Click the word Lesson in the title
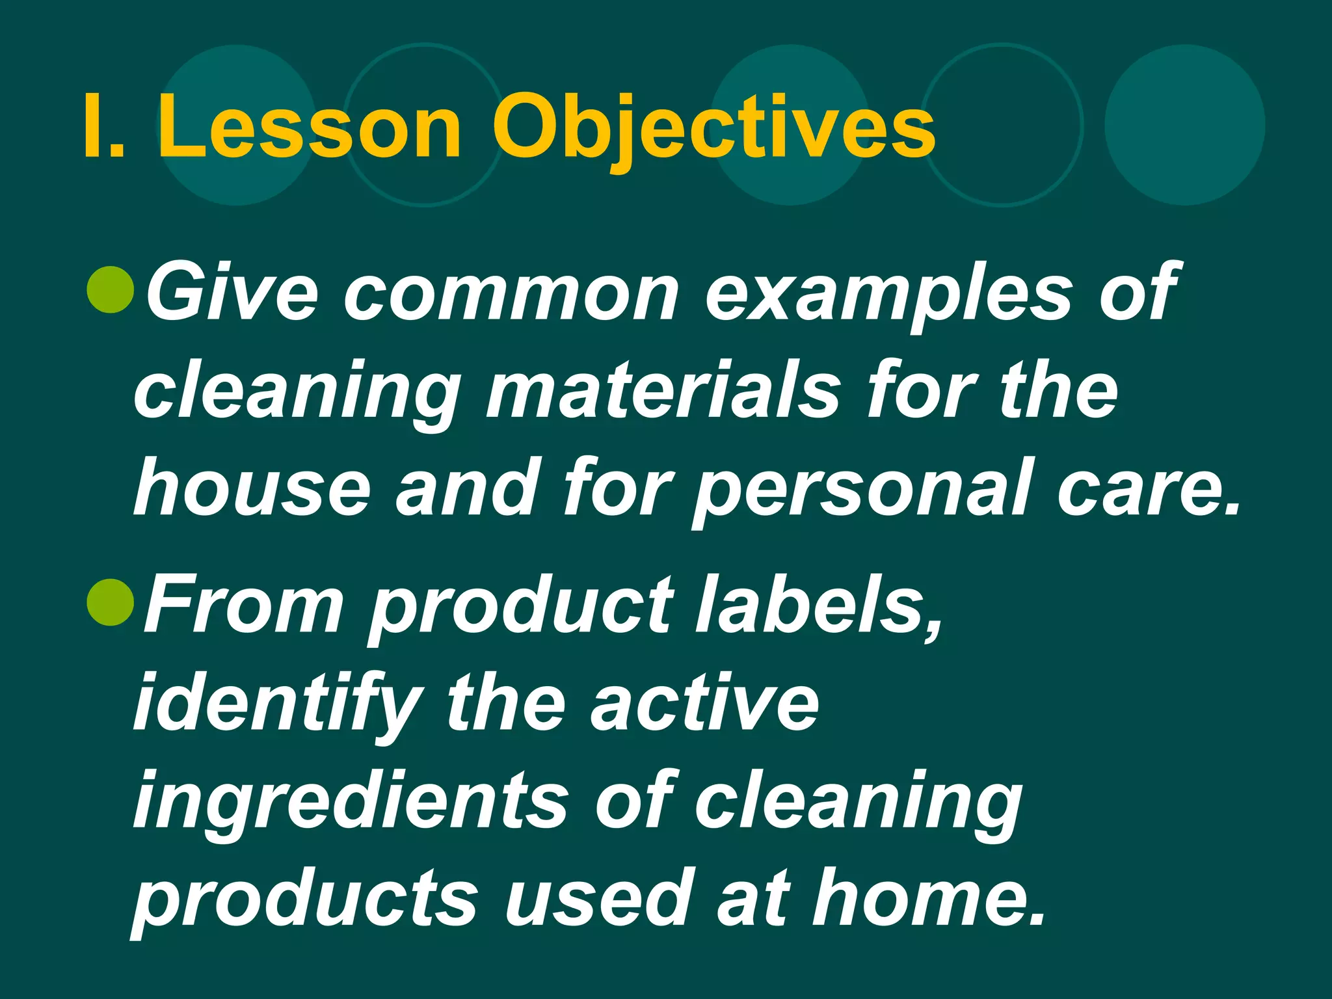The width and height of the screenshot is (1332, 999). pyautogui.click(x=310, y=127)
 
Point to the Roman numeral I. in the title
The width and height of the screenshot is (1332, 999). pyautogui.click(x=104, y=127)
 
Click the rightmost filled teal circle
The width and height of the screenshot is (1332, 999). pyautogui.click(x=1184, y=125)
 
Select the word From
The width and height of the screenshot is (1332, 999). pyautogui.click(x=244, y=602)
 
